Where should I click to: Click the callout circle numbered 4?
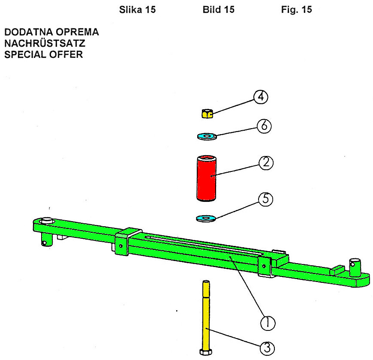click(260, 98)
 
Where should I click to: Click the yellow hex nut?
click(207, 114)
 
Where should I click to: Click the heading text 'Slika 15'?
click(137, 10)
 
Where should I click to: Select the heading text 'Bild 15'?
click(218, 10)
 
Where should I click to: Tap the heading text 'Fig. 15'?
click(296, 10)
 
